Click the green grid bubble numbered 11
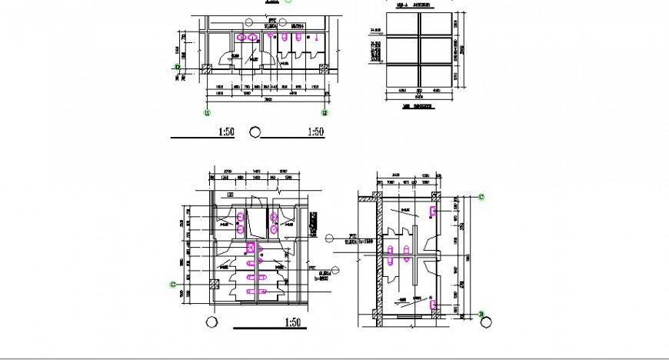click(x=206, y=112)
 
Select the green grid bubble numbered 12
click(x=325, y=112)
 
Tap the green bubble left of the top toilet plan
click(x=178, y=68)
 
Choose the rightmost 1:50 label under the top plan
click(x=315, y=132)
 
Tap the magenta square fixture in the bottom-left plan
click(x=251, y=248)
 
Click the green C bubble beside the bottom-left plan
click(x=171, y=285)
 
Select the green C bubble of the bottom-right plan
click(x=481, y=198)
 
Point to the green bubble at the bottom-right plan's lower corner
click(x=481, y=314)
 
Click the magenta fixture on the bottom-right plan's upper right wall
click(x=434, y=210)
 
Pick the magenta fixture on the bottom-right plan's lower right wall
click(x=434, y=305)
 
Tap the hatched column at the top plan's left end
click(x=206, y=68)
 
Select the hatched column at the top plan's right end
click(x=318, y=68)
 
